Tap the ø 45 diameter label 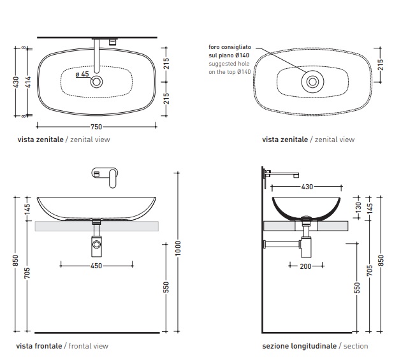[82, 75]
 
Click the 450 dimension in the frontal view [97, 265]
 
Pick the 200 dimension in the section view [305, 266]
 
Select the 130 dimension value [358, 207]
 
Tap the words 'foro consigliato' [230, 48]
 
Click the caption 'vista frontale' [39, 346]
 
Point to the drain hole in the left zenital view [97, 81]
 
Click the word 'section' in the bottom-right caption [356, 346]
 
